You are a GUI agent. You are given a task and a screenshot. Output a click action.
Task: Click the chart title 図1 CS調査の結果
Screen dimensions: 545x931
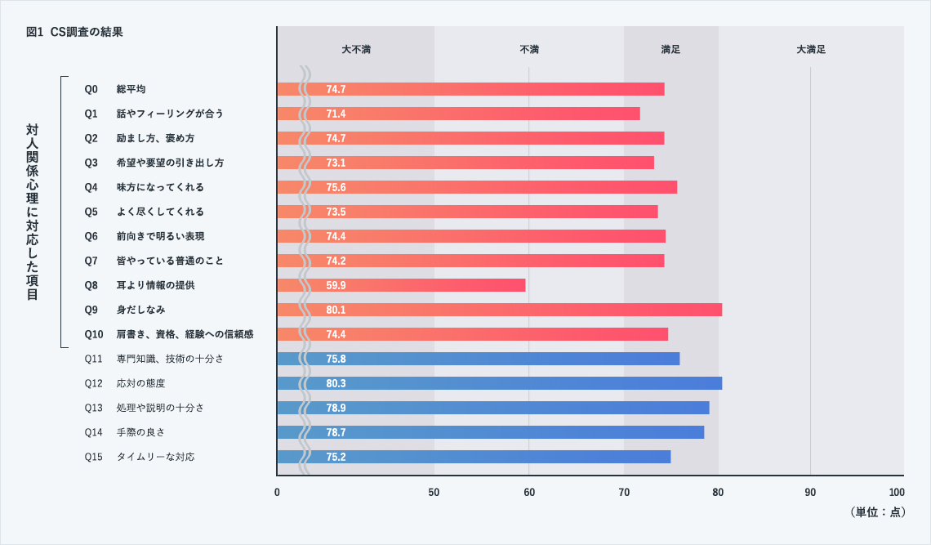coord(74,32)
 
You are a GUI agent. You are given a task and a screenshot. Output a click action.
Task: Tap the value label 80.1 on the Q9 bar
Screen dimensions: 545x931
coord(336,310)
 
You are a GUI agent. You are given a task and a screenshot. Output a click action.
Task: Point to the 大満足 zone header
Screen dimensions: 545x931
coord(811,49)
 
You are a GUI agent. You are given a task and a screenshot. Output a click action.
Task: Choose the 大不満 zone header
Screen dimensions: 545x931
coord(356,49)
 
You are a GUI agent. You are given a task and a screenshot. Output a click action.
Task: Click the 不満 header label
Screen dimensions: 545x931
coord(529,49)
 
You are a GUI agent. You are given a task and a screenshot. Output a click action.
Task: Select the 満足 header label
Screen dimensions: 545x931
coord(670,49)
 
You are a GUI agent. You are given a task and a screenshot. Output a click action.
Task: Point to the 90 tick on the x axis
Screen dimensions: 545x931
coord(810,493)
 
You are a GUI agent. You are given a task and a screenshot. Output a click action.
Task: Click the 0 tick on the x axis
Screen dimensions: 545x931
coord(277,493)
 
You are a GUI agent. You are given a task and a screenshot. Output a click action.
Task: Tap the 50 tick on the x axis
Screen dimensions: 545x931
coord(434,493)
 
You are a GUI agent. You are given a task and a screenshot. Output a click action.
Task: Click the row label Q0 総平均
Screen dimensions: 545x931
coord(116,89)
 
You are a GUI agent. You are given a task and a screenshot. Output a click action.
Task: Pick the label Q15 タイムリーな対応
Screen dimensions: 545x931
coord(140,457)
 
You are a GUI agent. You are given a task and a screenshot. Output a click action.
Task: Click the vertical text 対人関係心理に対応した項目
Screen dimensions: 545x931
coord(32,212)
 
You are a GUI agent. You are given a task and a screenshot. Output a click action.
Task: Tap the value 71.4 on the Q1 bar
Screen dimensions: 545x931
coord(336,114)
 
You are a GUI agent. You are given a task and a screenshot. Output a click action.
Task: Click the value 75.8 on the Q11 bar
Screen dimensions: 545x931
coord(336,359)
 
